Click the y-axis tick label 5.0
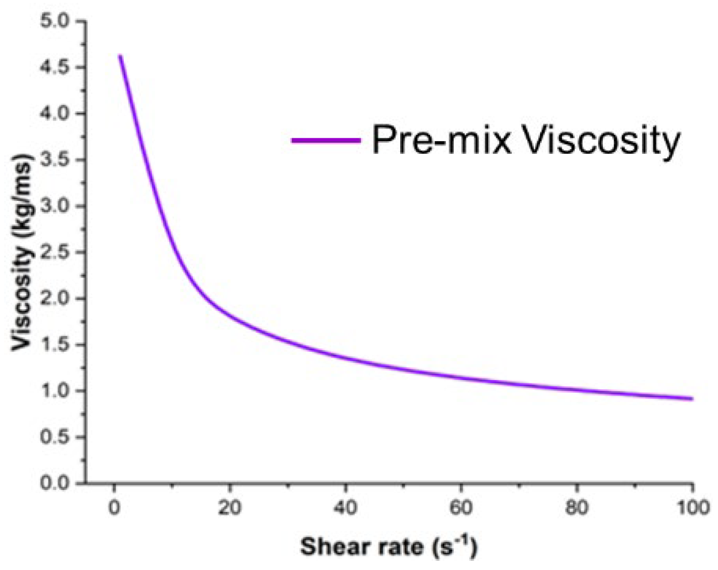[54, 21]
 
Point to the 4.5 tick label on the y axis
[54, 67]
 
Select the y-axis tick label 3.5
[54, 159]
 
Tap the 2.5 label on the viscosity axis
[54, 252]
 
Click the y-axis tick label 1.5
[54, 345]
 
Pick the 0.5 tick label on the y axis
[54, 437]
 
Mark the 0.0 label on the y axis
[54, 483]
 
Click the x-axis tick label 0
[114, 508]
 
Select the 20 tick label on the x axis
[229, 508]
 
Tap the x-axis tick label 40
[345, 508]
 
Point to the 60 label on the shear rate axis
[461, 508]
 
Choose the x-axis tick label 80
[576, 508]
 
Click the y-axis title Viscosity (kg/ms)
[21, 252]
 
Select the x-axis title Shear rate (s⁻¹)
[389, 546]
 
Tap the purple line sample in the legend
[326, 140]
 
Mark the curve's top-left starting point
[120, 56]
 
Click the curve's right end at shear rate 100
[692, 398]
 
